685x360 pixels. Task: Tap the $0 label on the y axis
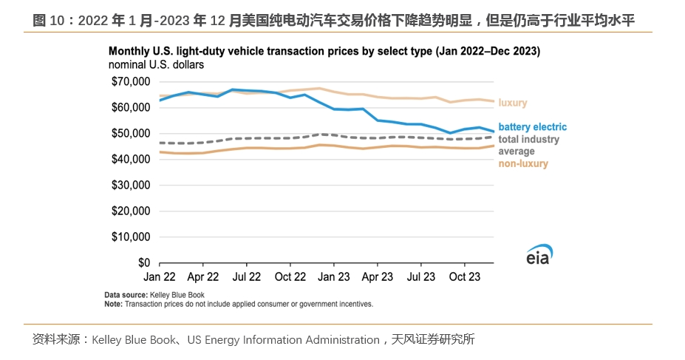click(144, 262)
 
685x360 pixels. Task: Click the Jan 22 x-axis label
click(160, 278)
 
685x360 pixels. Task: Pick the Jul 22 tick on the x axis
click(247, 278)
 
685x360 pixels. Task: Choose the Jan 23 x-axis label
click(334, 278)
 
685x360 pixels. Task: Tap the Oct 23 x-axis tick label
click(465, 278)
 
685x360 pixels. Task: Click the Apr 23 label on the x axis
click(378, 278)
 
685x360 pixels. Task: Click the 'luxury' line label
click(513, 103)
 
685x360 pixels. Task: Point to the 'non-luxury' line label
click(523, 163)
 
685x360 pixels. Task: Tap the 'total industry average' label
click(528, 145)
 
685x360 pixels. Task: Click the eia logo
click(539, 254)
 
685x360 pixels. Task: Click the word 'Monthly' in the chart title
click(129, 52)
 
